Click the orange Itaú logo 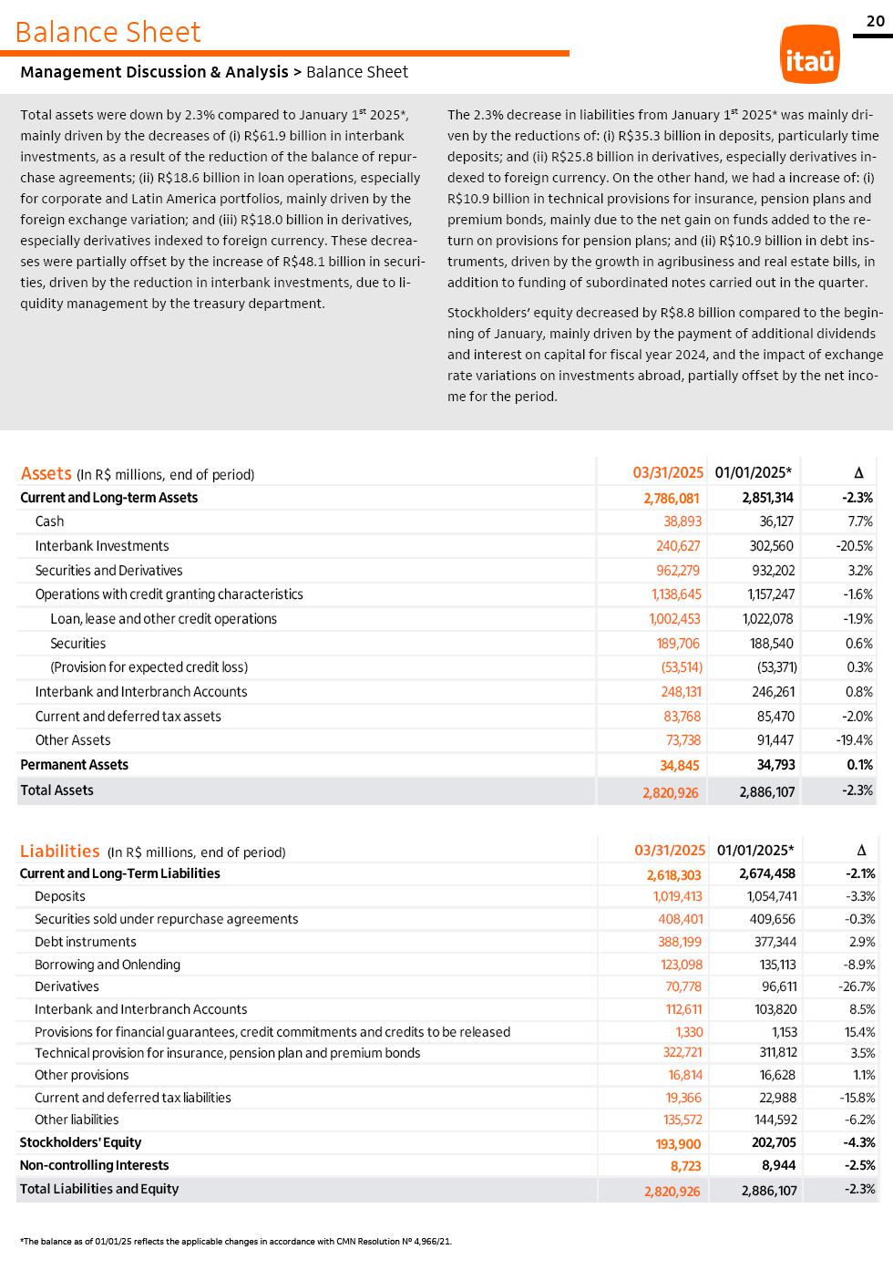click(809, 55)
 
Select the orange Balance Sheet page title click(108, 32)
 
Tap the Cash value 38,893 click(683, 521)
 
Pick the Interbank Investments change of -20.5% click(854, 546)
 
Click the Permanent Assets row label click(74, 765)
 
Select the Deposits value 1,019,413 click(677, 896)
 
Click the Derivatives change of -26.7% click(857, 986)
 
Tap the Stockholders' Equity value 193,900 click(678, 1143)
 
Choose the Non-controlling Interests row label click(94, 1165)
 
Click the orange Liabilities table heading click(60, 852)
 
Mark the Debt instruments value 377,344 click(772, 942)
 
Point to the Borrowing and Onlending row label click(108, 965)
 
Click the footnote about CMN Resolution click(236, 1241)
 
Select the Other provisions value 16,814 click(685, 1075)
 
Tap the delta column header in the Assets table click(858, 472)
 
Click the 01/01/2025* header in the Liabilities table click(755, 851)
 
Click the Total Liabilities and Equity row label click(99, 1189)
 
